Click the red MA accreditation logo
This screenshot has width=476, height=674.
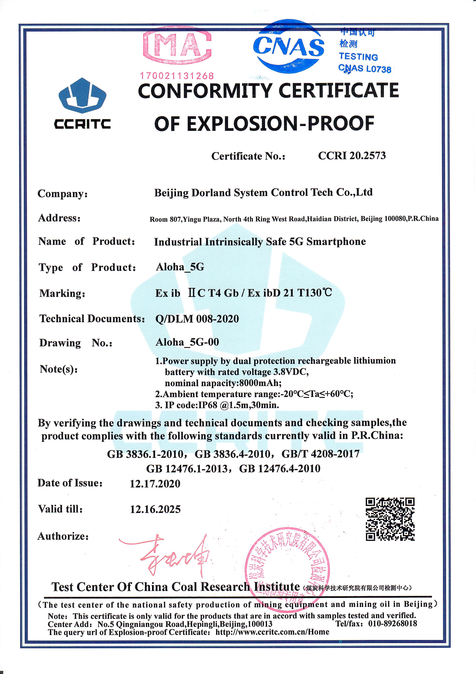(x=177, y=46)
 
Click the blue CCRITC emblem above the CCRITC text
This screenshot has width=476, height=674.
(x=82, y=95)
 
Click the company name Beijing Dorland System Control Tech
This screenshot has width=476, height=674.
(x=263, y=193)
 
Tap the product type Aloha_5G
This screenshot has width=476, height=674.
(x=180, y=267)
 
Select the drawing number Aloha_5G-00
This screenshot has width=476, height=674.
(x=187, y=342)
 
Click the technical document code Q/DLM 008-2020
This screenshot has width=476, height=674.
(x=197, y=319)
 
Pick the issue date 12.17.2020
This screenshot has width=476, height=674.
(x=155, y=484)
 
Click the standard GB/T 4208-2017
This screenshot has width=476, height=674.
(x=320, y=454)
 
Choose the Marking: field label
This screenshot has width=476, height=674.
(x=62, y=293)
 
